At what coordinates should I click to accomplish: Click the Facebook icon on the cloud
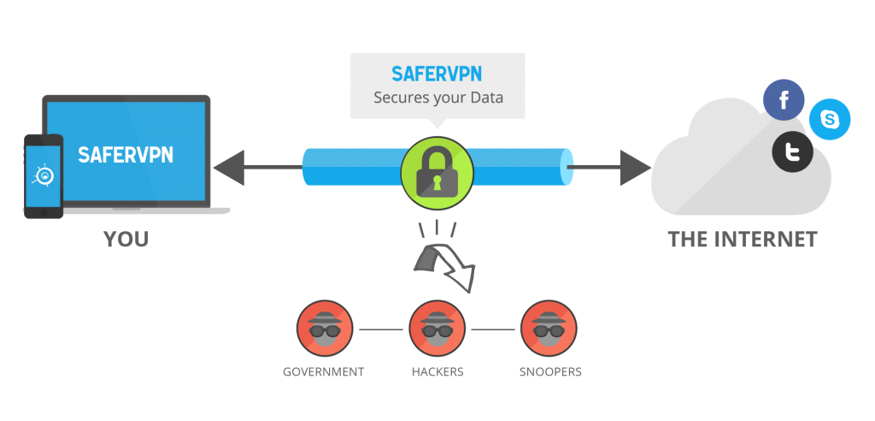click(784, 100)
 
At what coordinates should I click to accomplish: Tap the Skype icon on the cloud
click(829, 119)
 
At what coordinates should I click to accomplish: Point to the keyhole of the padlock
click(437, 181)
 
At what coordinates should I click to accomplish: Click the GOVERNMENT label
click(324, 372)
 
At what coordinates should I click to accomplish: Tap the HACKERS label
click(437, 372)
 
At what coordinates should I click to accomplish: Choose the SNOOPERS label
click(550, 372)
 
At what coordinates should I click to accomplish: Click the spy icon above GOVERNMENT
click(325, 329)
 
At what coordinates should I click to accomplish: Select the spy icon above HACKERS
click(437, 329)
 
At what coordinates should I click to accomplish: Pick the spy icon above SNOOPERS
click(549, 329)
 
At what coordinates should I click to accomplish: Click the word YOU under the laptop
click(126, 240)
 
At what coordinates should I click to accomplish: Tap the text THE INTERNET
click(743, 240)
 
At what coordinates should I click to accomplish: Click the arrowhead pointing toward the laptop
click(229, 167)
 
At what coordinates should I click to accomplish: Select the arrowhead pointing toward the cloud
click(636, 167)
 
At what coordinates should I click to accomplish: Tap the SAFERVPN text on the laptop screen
click(126, 155)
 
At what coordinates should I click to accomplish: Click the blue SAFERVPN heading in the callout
click(437, 74)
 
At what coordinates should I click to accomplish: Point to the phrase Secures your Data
click(438, 98)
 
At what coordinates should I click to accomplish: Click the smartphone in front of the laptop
click(44, 176)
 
